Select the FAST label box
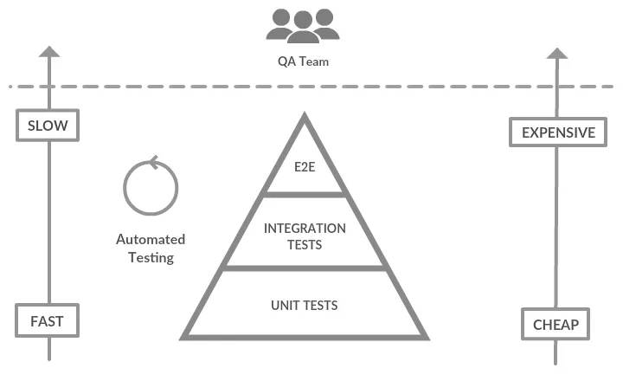coord(47,321)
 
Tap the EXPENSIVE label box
coord(557,132)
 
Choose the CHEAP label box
coord(556,326)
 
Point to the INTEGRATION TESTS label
coord(305,236)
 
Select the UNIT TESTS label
coord(304,305)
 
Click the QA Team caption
coord(303,61)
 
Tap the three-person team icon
coord(303,25)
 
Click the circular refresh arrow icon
coord(151,186)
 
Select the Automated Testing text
coord(151,249)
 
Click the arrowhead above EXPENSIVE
coord(557,52)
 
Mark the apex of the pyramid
coord(304,116)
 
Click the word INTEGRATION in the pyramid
coord(305,229)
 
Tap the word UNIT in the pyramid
coord(285,305)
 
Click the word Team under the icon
coord(315,61)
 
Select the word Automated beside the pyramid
coord(151,240)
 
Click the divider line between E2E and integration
coord(304,195)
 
